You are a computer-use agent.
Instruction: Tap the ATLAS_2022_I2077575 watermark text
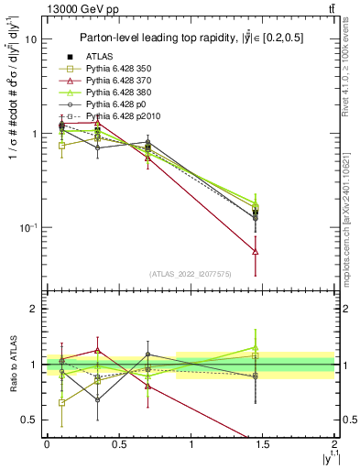[191, 273]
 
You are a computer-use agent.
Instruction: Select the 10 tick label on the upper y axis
[30, 40]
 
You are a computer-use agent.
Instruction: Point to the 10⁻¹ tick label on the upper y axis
[28, 227]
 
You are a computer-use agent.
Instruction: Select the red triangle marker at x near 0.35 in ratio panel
[97, 350]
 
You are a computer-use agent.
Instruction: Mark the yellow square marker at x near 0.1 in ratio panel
[61, 402]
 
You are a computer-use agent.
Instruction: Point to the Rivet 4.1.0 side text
[352, 73]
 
